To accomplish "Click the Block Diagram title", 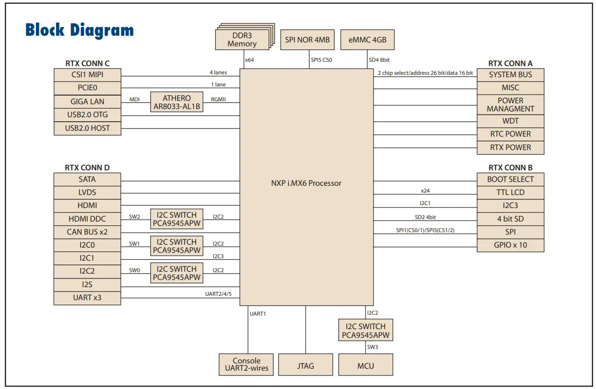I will pyautogui.click(x=79, y=30).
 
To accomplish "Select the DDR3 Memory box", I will pyautogui.click(x=242, y=40).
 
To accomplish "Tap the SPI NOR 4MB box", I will pyautogui.click(x=307, y=40).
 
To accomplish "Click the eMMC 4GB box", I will pyautogui.click(x=367, y=40).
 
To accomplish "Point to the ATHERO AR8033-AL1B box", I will pyautogui.click(x=176, y=102).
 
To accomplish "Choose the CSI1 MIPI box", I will pyautogui.click(x=87, y=75).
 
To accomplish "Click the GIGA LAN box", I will pyautogui.click(x=87, y=102).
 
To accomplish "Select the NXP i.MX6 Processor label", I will pyautogui.click(x=306, y=183).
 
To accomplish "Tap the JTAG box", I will pyautogui.click(x=305, y=365).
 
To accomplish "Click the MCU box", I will pyautogui.click(x=365, y=365).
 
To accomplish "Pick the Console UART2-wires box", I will pyautogui.click(x=247, y=365).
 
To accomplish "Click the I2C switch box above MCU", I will pyautogui.click(x=365, y=331).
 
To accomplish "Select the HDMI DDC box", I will pyautogui.click(x=87, y=219).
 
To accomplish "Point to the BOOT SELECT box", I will pyautogui.click(x=510, y=179).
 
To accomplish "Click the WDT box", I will pyautogui.click(x=510, y=121).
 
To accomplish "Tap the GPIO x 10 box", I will pyautogui.click(x=510, y=245).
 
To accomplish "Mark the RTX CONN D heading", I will pyautogui.click(x=87, y=167).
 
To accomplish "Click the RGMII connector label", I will pyautogui.click(x=218, y=99).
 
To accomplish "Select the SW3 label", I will pyautogui.click(x=372, y=347).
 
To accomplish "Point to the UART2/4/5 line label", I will pyautogui.click(x=219, y=294).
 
